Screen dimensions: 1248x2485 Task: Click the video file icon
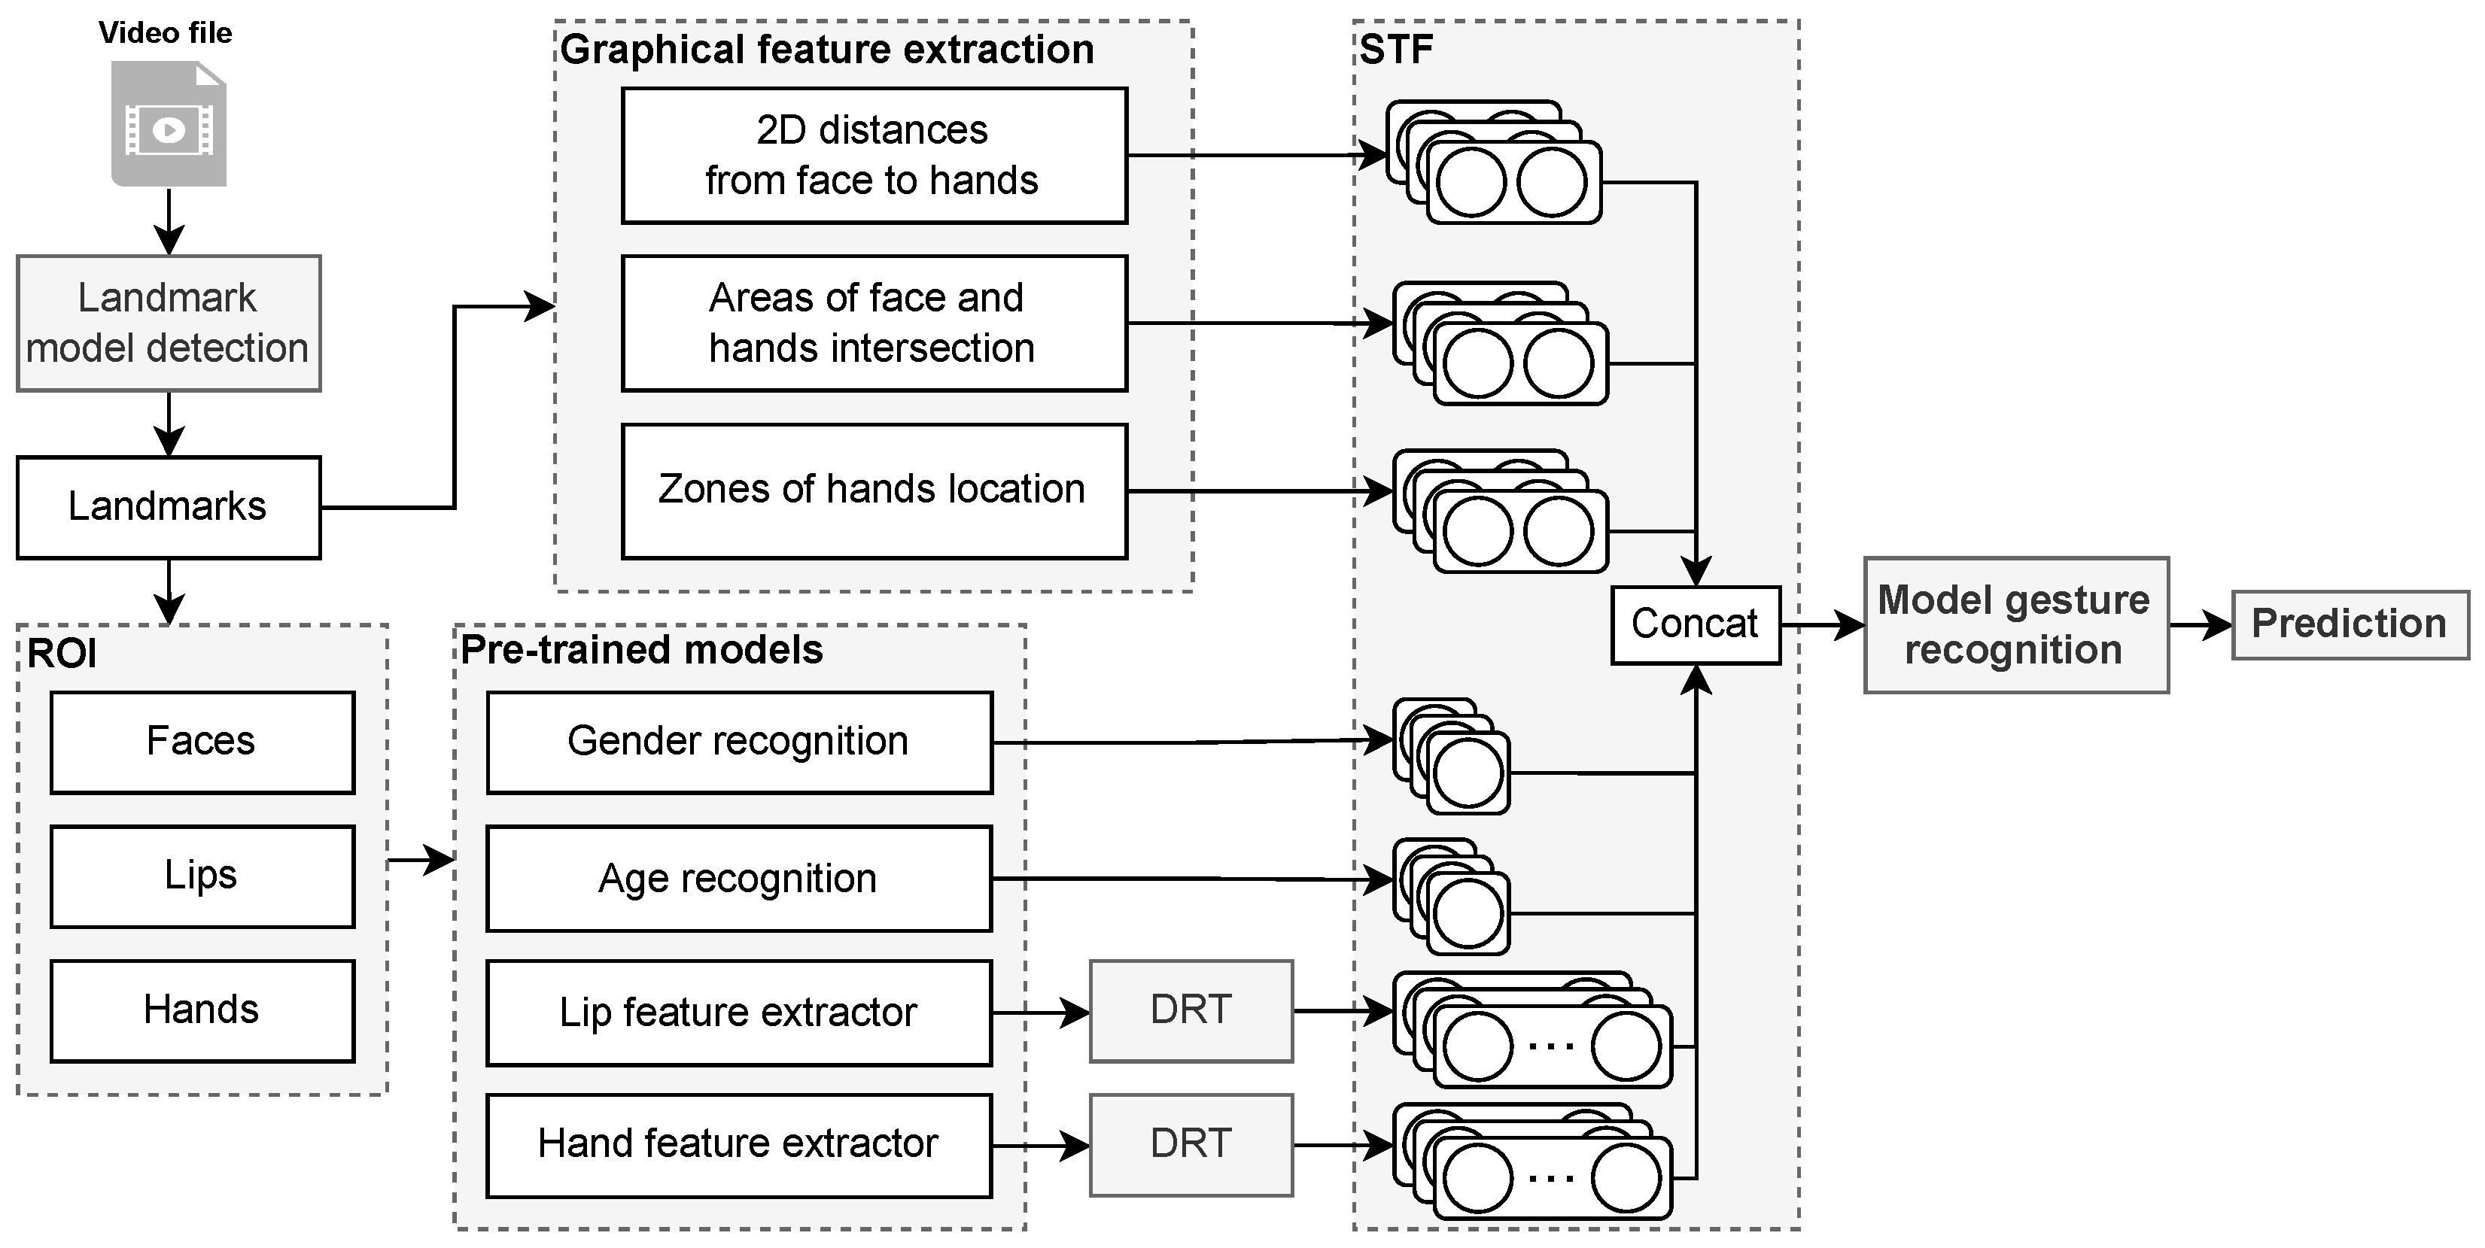(169, 123)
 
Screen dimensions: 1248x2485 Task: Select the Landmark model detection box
(169, 323)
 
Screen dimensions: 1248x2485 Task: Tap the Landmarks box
(169, 507)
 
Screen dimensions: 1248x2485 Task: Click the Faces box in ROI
(202, 742)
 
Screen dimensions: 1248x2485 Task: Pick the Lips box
(202, 876)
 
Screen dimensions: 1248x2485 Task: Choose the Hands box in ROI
(202, 1010)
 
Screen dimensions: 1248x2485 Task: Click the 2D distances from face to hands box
(874, 155)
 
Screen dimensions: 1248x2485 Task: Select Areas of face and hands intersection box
(874, 323)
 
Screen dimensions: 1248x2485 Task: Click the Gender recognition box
(739, 742)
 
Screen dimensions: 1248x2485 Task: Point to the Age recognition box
(739, 879)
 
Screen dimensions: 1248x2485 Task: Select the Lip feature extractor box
(739, 1013)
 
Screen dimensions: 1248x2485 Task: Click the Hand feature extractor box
(739, 1145)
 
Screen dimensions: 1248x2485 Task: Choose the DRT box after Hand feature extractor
(1191, 1145)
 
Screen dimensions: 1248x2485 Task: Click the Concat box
(1695, 625)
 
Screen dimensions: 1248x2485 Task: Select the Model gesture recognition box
(2015, 625)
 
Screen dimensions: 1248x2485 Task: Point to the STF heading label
(1396, 49)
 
